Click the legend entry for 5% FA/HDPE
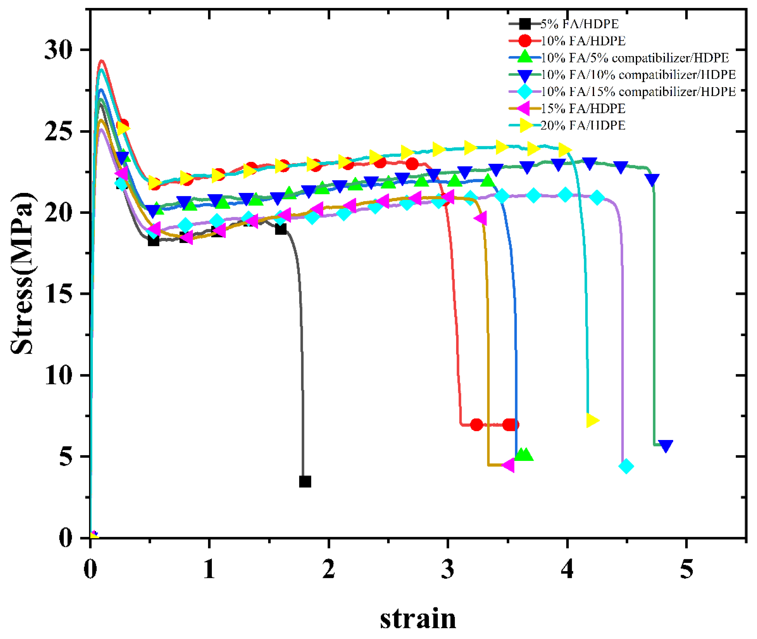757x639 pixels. pos(579,24)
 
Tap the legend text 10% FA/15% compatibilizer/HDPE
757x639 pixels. pos(638,92)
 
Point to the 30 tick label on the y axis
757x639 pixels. pos(58,50)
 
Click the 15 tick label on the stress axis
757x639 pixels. pos(58,294)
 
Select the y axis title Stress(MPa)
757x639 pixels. pos(23,273)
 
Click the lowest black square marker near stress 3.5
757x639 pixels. pos(305,482)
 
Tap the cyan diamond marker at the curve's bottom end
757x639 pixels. pos(626,466)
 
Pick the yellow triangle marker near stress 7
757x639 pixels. pos(592,420)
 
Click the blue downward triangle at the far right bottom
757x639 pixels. pos(666,446)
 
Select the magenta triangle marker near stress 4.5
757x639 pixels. pos(509,465)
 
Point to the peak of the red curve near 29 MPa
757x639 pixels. pos(102,61)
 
